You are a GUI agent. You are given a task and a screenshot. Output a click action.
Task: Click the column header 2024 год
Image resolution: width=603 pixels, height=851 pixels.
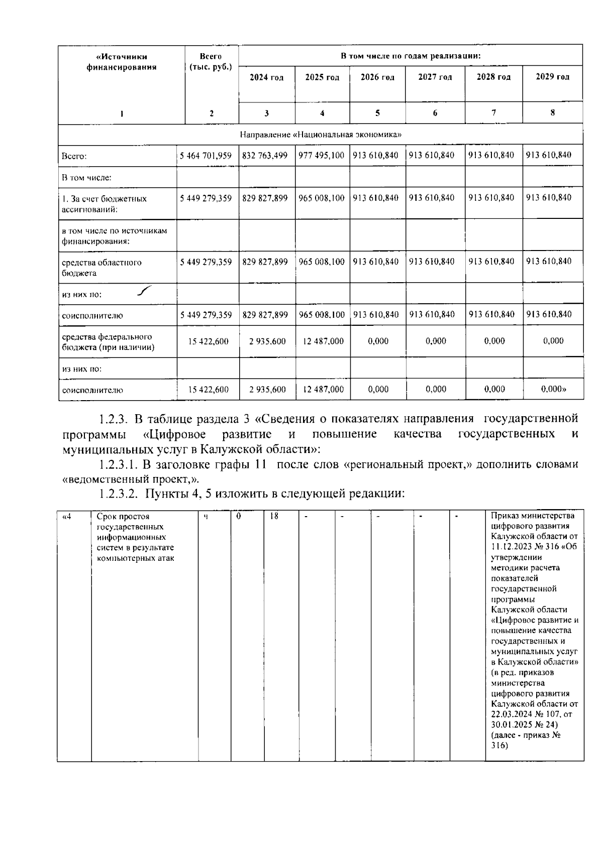[266, 77]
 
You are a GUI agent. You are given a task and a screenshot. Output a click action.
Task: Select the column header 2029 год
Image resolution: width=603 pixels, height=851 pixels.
[552, 77]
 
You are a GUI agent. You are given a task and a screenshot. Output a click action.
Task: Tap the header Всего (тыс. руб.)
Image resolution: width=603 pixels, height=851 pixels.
[211, 62]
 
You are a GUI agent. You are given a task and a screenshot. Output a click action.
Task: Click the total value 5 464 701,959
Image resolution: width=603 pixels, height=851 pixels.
[206, 156]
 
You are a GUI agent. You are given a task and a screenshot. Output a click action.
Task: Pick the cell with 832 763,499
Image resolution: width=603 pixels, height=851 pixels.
[265, 156]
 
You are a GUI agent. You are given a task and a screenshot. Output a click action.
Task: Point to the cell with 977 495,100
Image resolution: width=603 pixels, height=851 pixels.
[322, 156]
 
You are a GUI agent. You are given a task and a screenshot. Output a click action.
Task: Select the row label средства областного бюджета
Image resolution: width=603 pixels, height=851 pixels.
[102, 268]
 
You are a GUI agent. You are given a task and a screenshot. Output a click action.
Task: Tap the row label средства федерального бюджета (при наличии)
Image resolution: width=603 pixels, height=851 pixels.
[108, 342]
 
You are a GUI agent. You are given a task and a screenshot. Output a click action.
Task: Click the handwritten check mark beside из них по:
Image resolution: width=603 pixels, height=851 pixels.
[144, 291]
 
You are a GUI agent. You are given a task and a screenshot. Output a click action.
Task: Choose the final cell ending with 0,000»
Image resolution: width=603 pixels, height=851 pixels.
[553, 389]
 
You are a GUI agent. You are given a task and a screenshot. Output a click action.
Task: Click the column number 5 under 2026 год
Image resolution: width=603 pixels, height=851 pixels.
[377, 113]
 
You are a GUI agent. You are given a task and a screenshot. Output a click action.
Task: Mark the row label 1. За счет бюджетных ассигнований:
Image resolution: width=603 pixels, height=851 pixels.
[104, 204]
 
